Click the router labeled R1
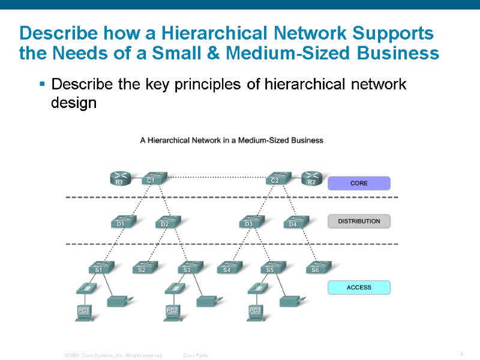click(x=120, y=179)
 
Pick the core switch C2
click(x=276, y=178)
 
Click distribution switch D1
click(x=122, y=222)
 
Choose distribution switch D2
click(x=166, y=222)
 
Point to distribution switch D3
click(x=250, y=222)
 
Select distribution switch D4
click(x=294, y=222)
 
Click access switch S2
click(x=143, y=268)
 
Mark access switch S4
click(x=228, y=268)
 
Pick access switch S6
click(x=317, y=268)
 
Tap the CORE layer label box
click(x=359, y=183)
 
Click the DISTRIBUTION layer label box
click(x=359, y=221)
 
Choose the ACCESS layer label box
click(x=359, y=287)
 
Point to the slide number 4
click(x=461, y=354)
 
